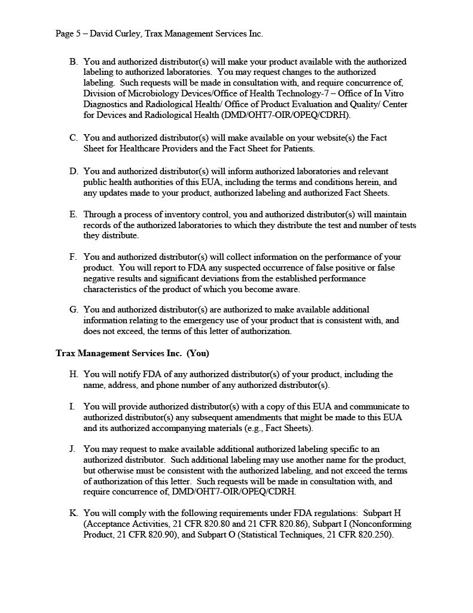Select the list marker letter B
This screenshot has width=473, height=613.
tap(73, 62)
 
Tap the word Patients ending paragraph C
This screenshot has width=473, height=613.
tap(297, 148)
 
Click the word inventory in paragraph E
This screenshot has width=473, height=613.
tap(170, 214)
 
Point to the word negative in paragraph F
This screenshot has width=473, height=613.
tap(100, 278)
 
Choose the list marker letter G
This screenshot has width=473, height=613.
tap(73, 309)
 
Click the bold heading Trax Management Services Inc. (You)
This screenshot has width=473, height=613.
tap(132, 353)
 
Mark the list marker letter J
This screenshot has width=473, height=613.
tap(73, 449)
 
